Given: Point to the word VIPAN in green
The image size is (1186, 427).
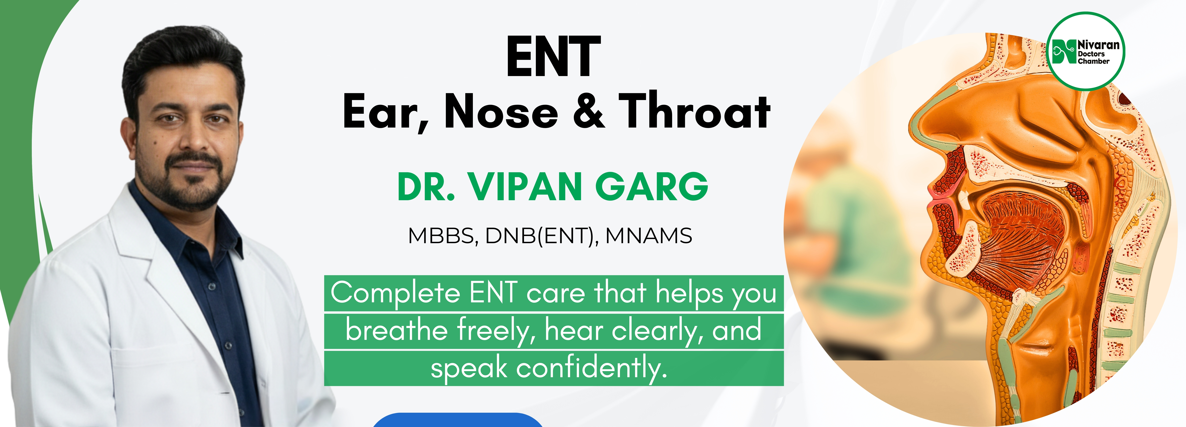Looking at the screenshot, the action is [x=525, y=187].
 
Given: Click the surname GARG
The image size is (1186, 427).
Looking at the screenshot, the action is [x=652, y=187].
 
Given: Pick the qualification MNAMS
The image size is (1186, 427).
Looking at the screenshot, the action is [x=649, y=236].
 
